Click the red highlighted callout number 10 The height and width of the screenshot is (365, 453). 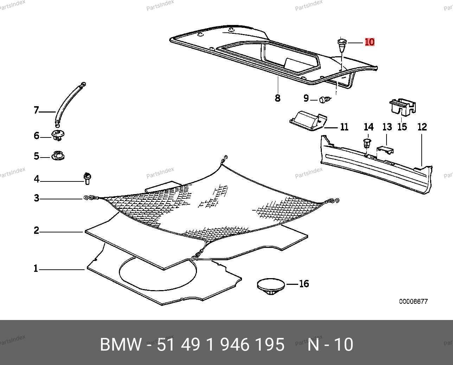coord(370,42)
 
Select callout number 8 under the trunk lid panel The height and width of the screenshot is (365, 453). coord(277,98)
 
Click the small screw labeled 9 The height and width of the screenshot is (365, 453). coord(325,100)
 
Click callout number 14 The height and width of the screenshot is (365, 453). coord(368,127)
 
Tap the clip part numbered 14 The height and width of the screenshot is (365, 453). coord(367,143)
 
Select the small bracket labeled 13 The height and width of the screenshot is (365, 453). coord(385,150)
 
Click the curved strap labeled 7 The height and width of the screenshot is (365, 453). coord(69,104)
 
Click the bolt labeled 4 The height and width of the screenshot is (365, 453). coord(87,178)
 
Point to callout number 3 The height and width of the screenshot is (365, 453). coord(36,198)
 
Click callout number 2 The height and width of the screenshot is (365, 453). coord(36,231)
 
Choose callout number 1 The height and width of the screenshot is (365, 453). coord(36,269)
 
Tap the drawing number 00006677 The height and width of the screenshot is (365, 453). coord(413,302)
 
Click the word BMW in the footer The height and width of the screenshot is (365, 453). coord(121,345)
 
